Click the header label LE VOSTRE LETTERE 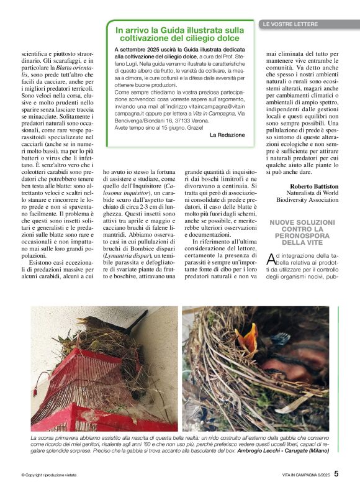pyautogui.click(x=290, y=24)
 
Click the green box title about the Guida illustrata pyautogui.click(x=180, y=34)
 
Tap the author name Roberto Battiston pyautogui.click(x=313, y=185)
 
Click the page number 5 pyautogui.click(x=336, y=473)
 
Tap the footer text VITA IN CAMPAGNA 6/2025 pyautogui.click(x=300, y=475)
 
